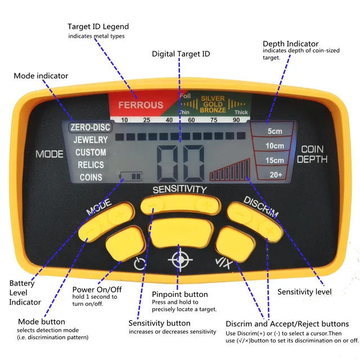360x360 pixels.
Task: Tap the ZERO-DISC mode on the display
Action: [90, 127]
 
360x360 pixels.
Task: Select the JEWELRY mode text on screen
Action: [90, 139]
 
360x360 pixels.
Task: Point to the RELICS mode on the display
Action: [90, 165]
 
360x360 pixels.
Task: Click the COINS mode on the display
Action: [91, 177]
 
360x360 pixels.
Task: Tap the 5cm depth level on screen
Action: [276, 132]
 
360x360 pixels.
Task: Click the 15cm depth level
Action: [276, 161]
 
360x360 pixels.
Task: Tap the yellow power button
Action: [124, 241]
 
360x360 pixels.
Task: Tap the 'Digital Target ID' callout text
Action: [181, 54]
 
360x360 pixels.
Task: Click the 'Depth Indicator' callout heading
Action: [290, 43]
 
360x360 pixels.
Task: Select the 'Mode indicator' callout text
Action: [41, 75]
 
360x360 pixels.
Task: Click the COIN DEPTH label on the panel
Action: [313, 154]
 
